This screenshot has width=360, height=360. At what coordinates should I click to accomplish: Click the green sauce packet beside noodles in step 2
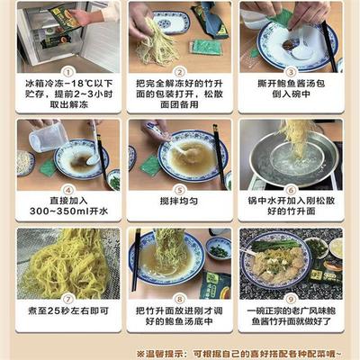pyautogui.click(x=202, y=46)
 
